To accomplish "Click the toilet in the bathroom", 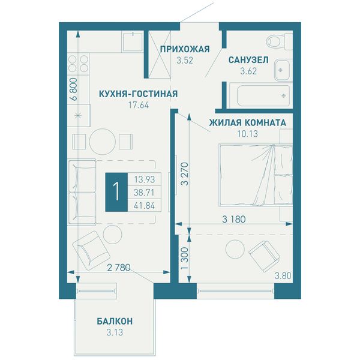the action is (x=280, y=41).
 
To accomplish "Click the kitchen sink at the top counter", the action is (x=133, y=42).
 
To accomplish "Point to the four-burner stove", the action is (x=78, y=64).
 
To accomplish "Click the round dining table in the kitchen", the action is (x=102, y=141).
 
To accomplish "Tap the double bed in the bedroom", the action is (x=256, y=175).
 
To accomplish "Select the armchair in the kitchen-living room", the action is (x=91, y=250).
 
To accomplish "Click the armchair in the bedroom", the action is (x=264, y=256).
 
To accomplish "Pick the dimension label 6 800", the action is (x=74, y=89).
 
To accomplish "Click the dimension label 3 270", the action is (x=184, y=174).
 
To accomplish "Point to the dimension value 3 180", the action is (x=234, y=219).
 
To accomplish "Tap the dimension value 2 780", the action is (x=119, y=268).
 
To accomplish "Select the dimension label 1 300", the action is (x=184, y=258).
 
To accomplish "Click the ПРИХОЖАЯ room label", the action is (x=185, y=49).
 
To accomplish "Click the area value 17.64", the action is (x=139, y=105).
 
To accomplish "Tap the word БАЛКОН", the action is (x=115, y=321).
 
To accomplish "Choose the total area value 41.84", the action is (x=144, y=205).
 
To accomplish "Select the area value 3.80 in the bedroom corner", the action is (x=283, y=275).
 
